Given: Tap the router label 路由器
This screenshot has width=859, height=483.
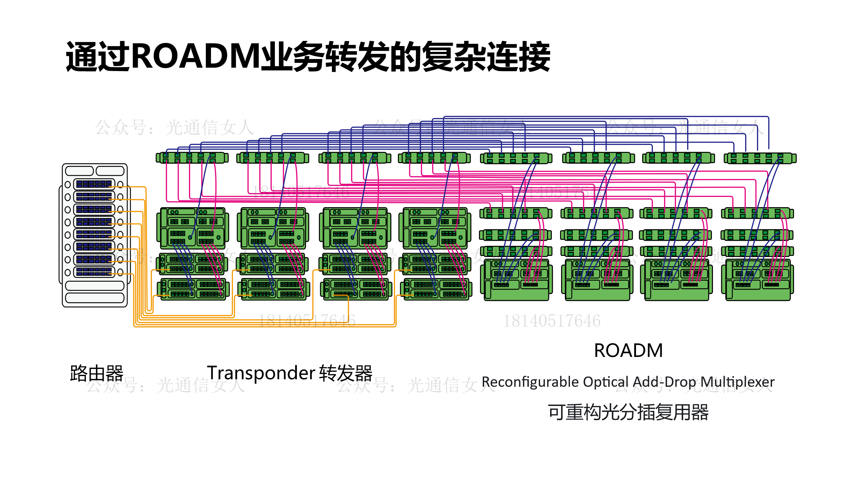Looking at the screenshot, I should point(97,373).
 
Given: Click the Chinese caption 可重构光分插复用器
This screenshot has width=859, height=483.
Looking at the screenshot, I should point(628,412).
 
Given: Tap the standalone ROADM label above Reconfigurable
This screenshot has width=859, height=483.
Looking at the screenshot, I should point(628,350).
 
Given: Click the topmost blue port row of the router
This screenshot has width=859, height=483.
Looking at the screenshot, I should point(94,184).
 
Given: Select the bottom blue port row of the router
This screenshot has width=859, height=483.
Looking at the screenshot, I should point(94,272).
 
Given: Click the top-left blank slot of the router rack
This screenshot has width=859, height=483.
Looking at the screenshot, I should point(79,171).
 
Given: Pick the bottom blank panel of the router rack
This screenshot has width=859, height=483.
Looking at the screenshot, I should point(94,297).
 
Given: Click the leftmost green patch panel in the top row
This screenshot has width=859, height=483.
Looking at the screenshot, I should point(192,158).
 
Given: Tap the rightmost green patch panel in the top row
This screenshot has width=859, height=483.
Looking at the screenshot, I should point(760,158).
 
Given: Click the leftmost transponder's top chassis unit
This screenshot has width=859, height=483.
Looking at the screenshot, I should point(192,228).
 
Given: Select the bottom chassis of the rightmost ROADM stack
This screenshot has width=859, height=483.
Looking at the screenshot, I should point(757,280).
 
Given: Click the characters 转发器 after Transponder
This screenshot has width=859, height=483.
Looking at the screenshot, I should point(346,373).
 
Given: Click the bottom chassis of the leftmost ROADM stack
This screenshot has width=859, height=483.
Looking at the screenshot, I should point(516,280).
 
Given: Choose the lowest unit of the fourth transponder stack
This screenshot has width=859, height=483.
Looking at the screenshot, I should point(436,289).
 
